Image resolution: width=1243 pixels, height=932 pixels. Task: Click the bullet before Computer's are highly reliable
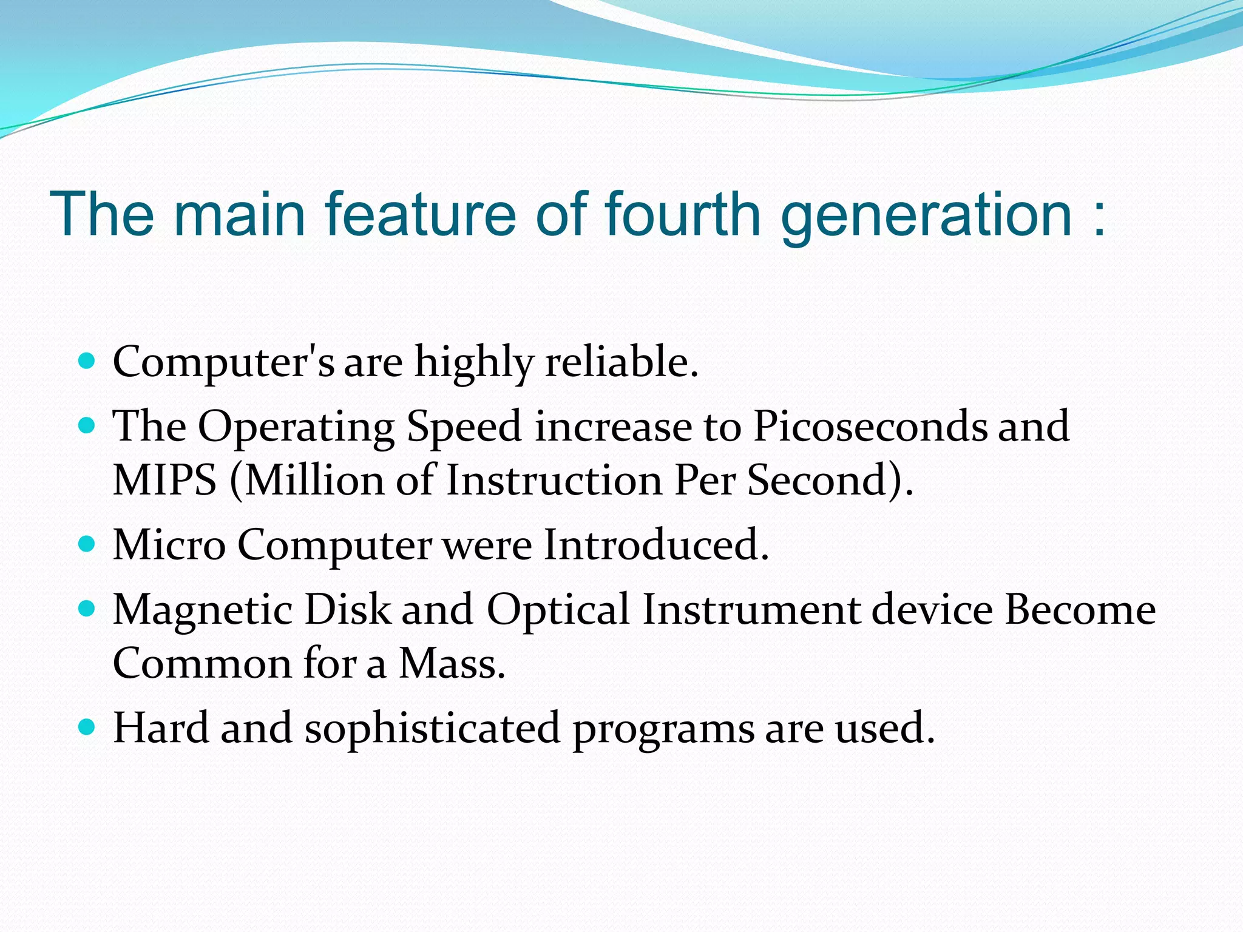[x=87, y=362]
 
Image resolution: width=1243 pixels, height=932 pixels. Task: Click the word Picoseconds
[x=870, y=426]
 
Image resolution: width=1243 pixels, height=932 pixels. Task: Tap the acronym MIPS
[x=164, y=480]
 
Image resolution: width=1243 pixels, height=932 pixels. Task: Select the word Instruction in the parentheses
[x=554, y=480]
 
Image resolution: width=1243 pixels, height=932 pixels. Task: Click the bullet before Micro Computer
[x=87, y=542]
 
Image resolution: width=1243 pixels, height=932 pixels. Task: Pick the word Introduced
[x=655, y=544]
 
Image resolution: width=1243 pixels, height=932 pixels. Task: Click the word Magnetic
[x=202, y=609]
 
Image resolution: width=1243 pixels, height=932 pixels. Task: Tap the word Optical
[x=558, y=609]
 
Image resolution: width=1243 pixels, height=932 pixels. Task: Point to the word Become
[x=1080, y=609]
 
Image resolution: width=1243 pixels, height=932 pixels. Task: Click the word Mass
[x=452, y=663]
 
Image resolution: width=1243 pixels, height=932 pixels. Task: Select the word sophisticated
[x=432, y=728]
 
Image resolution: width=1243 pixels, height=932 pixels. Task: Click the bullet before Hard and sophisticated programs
[x=87, y=726]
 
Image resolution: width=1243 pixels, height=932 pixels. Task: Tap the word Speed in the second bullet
[x=464, y=426]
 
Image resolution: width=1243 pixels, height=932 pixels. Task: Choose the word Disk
[x=347, y=609]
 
